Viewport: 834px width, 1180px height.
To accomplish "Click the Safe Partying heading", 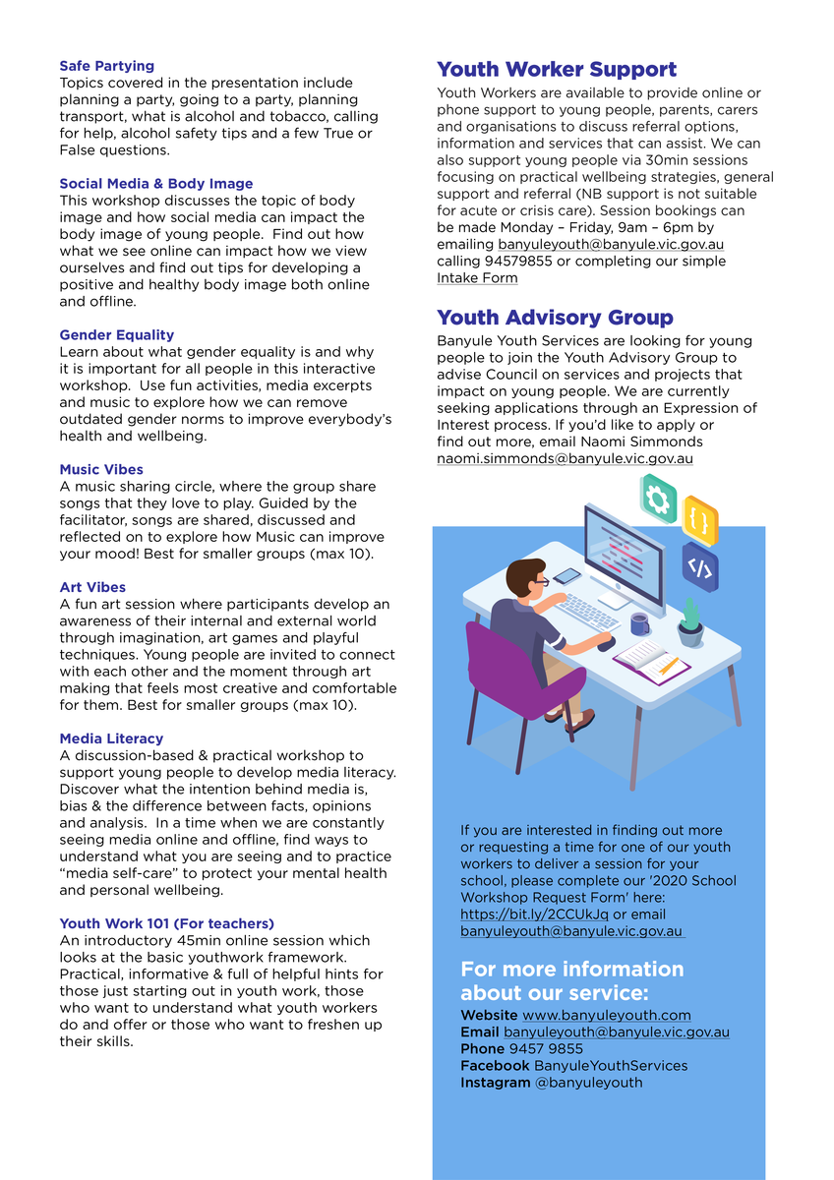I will [x=106, y=66].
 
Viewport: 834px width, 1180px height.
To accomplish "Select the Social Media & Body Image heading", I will [x=155, y=184].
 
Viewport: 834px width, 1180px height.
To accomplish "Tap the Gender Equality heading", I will [x=116, y=335].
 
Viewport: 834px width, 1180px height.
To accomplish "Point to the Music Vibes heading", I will [x=100, y=470].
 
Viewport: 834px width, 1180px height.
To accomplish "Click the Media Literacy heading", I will [x=111, y=738].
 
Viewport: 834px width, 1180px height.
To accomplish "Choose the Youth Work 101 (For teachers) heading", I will [x=166, y=923].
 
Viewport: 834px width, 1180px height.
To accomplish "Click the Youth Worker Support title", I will [x=556, y=70].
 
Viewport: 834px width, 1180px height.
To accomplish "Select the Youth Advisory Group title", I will [x=555, y=318].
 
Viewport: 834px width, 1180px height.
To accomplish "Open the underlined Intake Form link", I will [x=477, y=278].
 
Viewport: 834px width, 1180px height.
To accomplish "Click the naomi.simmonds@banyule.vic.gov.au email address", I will [x=565, y=458].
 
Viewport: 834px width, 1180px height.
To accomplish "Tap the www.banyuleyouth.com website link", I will [x=606, y=1015].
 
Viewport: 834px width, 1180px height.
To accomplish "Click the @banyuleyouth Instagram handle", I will [x=588, y=1083].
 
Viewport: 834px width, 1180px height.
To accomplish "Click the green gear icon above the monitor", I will [x=657, y=498].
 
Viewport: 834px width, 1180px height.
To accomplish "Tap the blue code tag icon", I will [x=699, y=567].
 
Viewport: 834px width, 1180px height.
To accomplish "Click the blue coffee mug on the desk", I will [x=639, y=623].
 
